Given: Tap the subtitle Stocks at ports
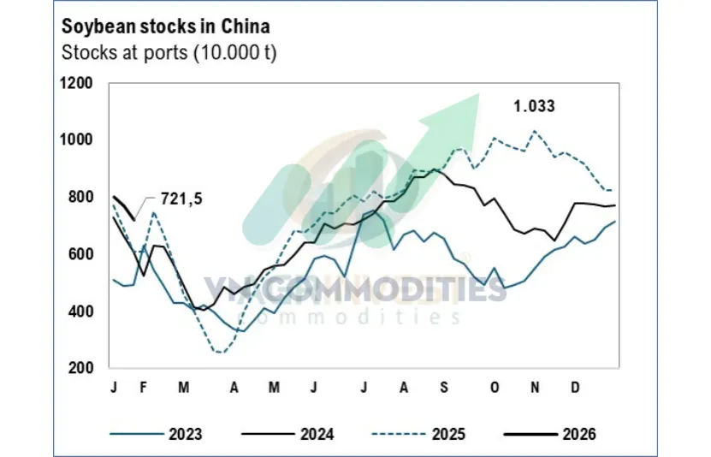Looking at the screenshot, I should [x=169, y=52].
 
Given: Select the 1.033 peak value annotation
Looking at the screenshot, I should [x=534, y=107].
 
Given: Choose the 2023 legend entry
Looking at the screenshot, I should [x=186, y=434].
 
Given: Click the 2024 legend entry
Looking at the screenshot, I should [x=317, y=434].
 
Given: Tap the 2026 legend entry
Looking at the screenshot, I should [x=579, y=434].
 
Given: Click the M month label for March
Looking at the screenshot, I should [x=183, y=388].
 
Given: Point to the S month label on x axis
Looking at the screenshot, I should [x=443, y=388].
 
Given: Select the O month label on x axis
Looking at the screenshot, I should [x=494, y=388].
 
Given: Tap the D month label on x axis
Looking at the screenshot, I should [x=576, y=388].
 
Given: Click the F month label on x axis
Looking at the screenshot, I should [x=143, y=388].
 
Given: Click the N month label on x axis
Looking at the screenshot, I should [x=535, y=388].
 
